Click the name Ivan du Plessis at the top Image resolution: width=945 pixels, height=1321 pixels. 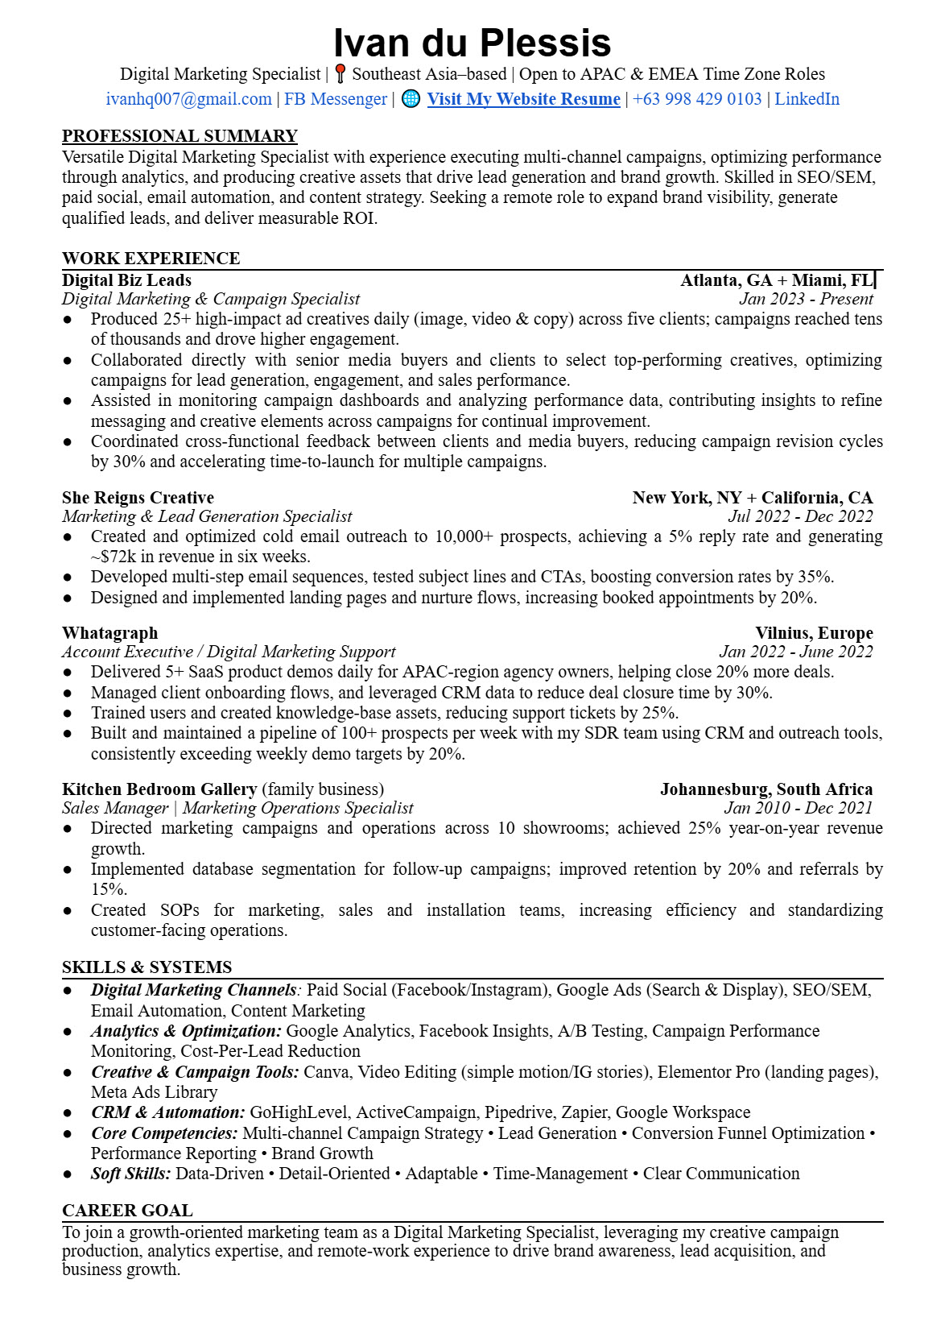click(472, 43)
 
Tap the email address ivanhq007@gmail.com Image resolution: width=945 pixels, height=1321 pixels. click(188, 99)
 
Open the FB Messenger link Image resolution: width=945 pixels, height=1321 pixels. click(336, 99)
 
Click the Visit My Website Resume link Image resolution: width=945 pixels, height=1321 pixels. click(523, 99)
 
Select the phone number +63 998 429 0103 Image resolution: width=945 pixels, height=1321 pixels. click(697, 99)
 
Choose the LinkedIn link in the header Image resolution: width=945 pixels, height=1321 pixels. click(807, 99)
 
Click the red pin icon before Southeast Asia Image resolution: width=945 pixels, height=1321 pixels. click(340, 74)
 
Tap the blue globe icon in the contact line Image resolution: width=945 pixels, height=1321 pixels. click(411, 99)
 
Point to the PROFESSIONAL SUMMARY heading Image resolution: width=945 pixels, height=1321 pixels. click(180, 136)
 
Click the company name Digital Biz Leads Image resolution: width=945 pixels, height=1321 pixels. click(126, 280)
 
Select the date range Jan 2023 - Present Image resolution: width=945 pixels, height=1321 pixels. click(806, 299)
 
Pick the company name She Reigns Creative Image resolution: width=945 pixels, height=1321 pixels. click(138, 498)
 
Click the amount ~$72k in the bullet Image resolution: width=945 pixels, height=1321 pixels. click(109, 557)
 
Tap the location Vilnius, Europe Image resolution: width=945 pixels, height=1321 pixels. click(813, 633)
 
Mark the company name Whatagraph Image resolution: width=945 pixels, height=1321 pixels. click(109, 633)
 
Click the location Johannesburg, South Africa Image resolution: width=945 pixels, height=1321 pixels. click(765, 789)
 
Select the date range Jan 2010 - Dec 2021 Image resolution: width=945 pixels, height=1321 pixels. click(798, 808)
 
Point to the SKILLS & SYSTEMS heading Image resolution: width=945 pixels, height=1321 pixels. click(146, 967)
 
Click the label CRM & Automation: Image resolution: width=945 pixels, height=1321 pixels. click(167, 1112)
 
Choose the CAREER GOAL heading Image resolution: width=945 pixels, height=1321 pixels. click(127, 1211)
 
